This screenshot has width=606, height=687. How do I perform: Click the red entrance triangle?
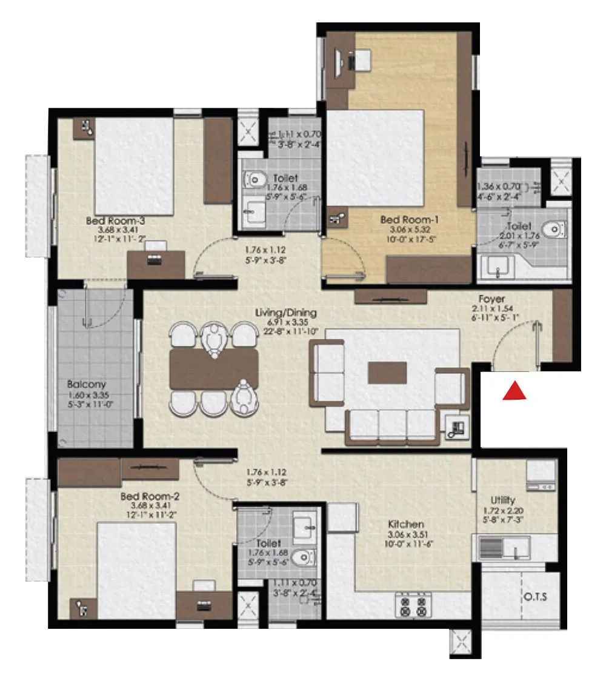point(514,392)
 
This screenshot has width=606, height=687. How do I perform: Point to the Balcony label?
point(87,384)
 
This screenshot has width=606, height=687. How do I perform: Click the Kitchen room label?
point(406,524)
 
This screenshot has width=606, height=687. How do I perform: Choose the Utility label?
point(503,500)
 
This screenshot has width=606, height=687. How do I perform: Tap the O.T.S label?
point(534,597)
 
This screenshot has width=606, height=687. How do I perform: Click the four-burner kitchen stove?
point(413,605)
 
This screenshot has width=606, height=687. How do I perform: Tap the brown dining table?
point(214,369)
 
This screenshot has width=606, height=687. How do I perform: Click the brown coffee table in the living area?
point(387,373)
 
